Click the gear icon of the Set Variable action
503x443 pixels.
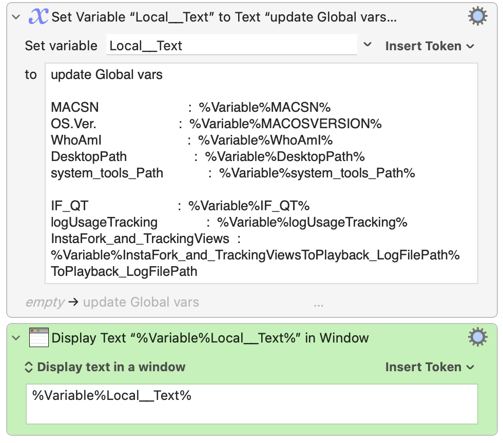[x=478, y=16]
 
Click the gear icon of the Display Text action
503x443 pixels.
[x=478, y=337]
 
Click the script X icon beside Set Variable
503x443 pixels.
[x=38, y=16]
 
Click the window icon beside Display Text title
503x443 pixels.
[x=39, y=337]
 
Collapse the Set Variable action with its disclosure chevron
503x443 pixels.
[x=16, y=17]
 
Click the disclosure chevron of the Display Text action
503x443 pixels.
[x=16, y=338]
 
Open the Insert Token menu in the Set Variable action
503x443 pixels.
[x=430, y=46]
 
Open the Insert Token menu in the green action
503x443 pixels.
[x=430, y=367]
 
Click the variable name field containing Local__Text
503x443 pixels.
[x=231, y=45]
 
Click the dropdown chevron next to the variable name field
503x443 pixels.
[x=367, y=44]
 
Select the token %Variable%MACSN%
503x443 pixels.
[x=265, y=107]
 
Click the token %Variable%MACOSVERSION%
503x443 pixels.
[x=285, y=124]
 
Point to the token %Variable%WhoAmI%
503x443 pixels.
[x=265, y=140]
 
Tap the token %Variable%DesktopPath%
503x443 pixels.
[x=285, y=157]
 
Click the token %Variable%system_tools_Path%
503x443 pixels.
[x=317, y=173]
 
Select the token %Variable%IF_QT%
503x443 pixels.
[x=249, y=206]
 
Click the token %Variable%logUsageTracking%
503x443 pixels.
[x=312, y=222]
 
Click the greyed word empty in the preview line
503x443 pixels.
[x=45, y=303]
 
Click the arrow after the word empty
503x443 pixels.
[x=73, y=301]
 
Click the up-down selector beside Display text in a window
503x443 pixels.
[x=29, y=367]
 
